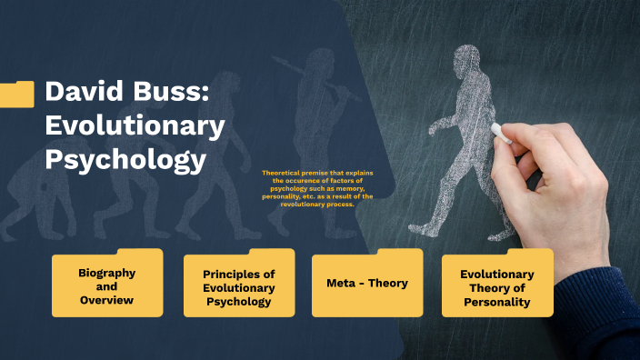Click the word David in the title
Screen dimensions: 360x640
(82, 93)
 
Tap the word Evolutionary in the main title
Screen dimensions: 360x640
(135, 126)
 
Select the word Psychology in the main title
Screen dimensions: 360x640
(125, 161)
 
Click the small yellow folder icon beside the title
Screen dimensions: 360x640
(17, 94)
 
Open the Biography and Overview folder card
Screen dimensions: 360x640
(107, 285)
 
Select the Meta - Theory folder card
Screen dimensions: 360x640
(366, 283)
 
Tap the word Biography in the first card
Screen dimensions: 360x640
(107, 272)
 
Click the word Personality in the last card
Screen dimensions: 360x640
(496, 302)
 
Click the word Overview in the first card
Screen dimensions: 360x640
(107, 299)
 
